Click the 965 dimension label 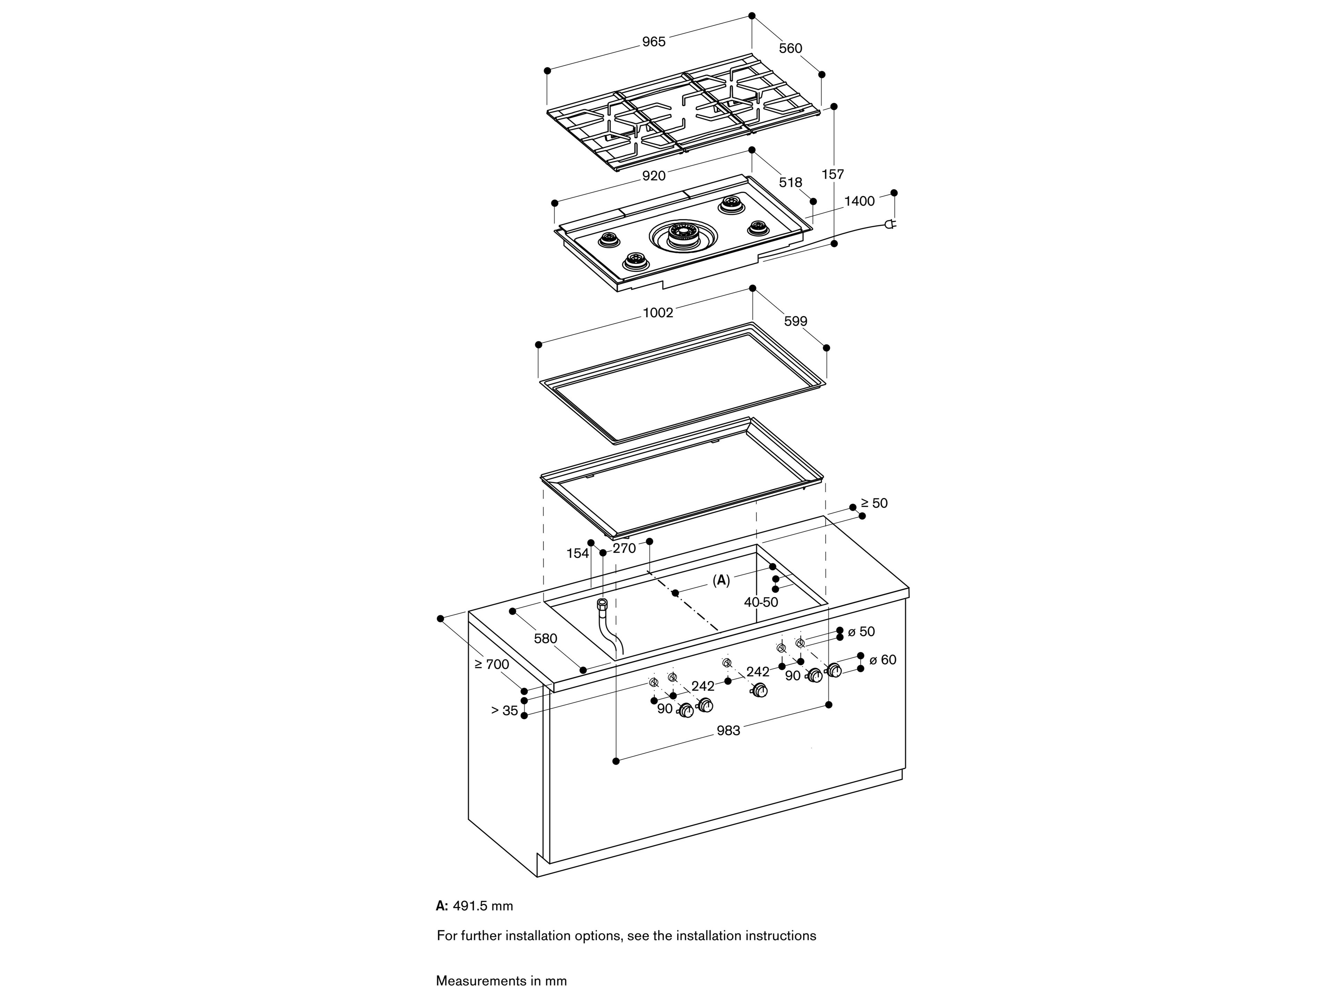pyautogui.click(x=654, y=42)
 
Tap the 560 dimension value pyautogui.click(x=790, y=48)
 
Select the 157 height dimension pyautogui.click(x=833, y=174)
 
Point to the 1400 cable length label pyautogui.click(x=859, y=201)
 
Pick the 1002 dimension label pyautogui.click(x=658, y=313)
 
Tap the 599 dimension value pyautogui.click(x=795, y=321)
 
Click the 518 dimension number pyautogui.click(x=790, y=182)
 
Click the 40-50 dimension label pyautogui.click(x=761, y=602)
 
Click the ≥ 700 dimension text pyautogui.click(x=492, y=664)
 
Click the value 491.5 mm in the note pyautogui.click(x=483, y=906)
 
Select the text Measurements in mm pyautogui.click(x=501, y=981)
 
